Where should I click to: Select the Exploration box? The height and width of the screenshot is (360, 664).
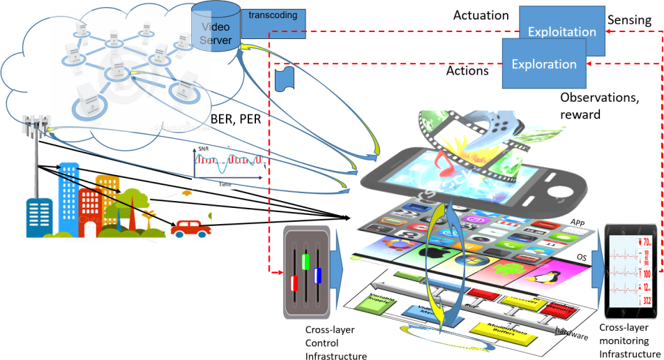pyautogui.click(x=544, y=64)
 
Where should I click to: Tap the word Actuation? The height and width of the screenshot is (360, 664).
pyautogui.click(x=481, y=15)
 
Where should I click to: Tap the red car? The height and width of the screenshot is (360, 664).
pyautogui.click(x=190, y=227)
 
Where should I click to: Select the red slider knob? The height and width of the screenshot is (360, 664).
pyautogui.click(x=294, y=284)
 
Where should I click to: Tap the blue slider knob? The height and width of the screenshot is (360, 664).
pyautogui.click(x=317, y=276)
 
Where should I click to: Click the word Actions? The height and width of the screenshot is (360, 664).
pyautogui.click(x=467, y=70)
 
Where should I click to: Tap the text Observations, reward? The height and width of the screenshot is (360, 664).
pyautogui.click(x=599, y=105)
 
